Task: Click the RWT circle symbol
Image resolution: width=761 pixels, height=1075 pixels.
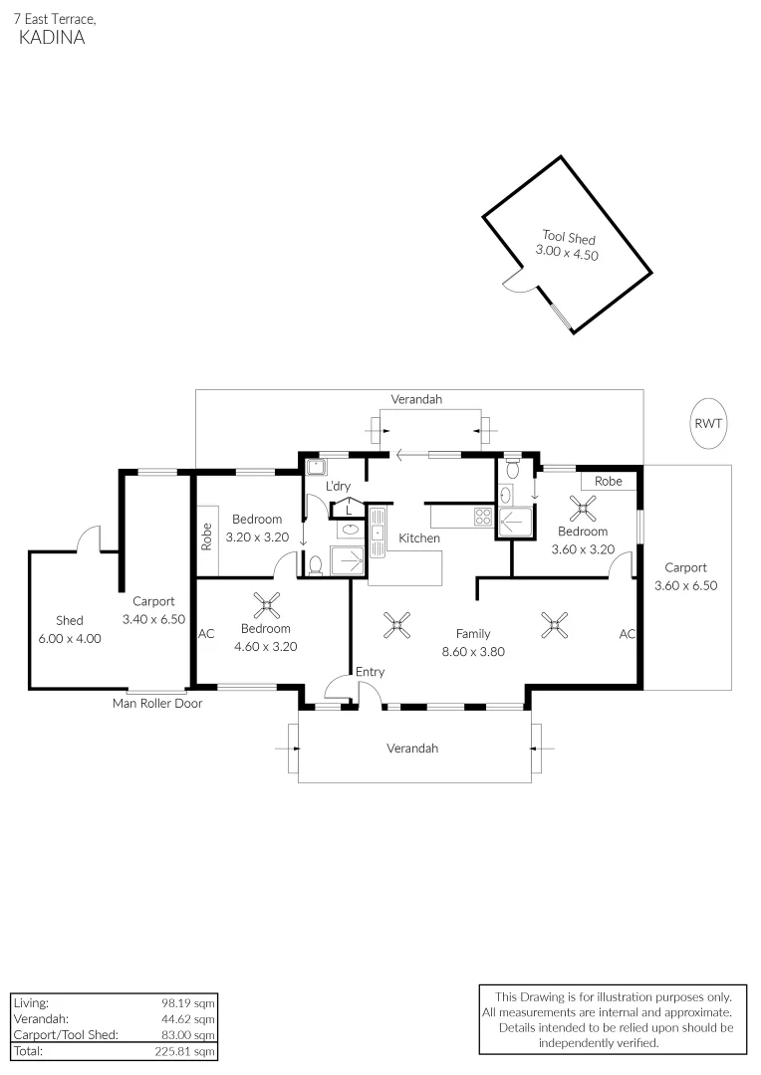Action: (x=709, y=423)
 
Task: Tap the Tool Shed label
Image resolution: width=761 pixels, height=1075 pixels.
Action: (x=568, y=237)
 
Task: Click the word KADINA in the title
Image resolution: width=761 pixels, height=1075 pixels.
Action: (x=52, y=38)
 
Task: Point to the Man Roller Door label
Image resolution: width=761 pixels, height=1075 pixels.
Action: (x=157, y=703)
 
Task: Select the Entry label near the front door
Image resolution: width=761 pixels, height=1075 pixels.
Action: (x=370, y=672)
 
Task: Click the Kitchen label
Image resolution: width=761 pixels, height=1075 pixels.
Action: (x=419, y=537)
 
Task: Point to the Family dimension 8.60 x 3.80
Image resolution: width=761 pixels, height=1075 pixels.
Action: (x=473, y=653)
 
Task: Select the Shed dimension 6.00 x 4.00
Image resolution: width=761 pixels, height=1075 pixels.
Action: (x=70, y=639)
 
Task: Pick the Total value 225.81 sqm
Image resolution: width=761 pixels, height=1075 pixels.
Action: (x=190, y=1051)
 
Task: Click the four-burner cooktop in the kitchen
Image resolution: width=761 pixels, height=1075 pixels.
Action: (x=482, y=517)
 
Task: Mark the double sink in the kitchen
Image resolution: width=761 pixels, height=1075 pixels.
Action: (x=378, y=530)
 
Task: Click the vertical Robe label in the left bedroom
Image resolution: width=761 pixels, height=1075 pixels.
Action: (x=207, y=537)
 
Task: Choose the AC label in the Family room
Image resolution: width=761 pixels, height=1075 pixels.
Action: (x=628, y=633)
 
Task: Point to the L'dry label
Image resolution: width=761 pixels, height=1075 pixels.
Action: (x=339, y=486)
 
